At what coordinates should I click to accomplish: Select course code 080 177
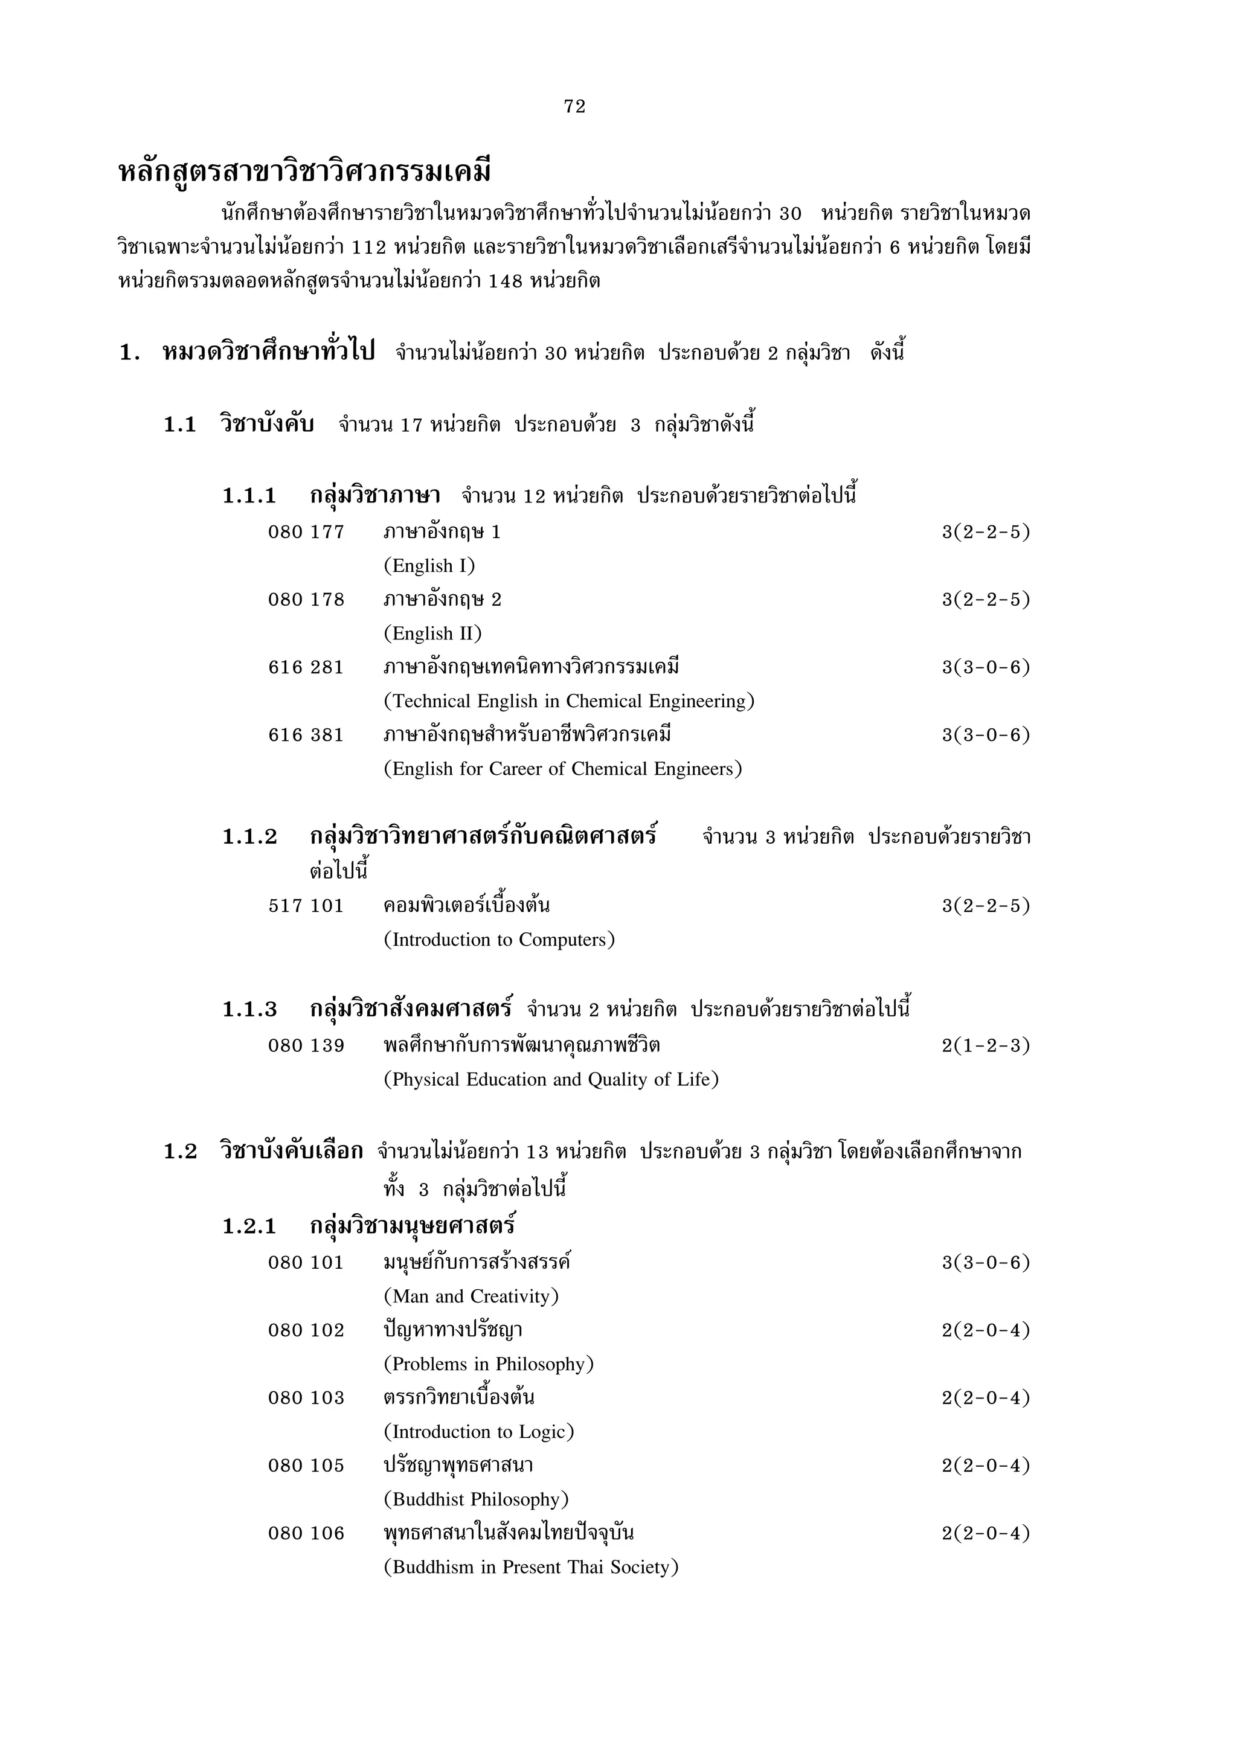click(306, 532)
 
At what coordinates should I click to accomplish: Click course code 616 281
click(306, 668)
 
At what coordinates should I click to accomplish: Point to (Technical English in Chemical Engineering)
click(568, 701)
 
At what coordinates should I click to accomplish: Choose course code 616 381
click(306, 736)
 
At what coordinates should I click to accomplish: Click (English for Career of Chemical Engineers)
click(562, 769)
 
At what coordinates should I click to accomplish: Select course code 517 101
click(306, 906)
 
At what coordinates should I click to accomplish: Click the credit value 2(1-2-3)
click(986, 1046)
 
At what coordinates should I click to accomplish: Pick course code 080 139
click(306, 1046)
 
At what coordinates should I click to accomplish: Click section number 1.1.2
click(249, 837)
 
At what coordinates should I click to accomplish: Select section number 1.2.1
click(249, 1226)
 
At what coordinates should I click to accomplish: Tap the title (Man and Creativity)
click(471, 1296)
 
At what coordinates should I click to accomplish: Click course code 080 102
click(306, 1331)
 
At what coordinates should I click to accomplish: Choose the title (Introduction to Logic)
click(478, 1432)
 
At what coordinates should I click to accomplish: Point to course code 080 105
click(306, 1466)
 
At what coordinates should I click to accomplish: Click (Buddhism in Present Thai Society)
click(530, 1567)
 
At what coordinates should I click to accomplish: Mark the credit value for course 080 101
click(986, 1263)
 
